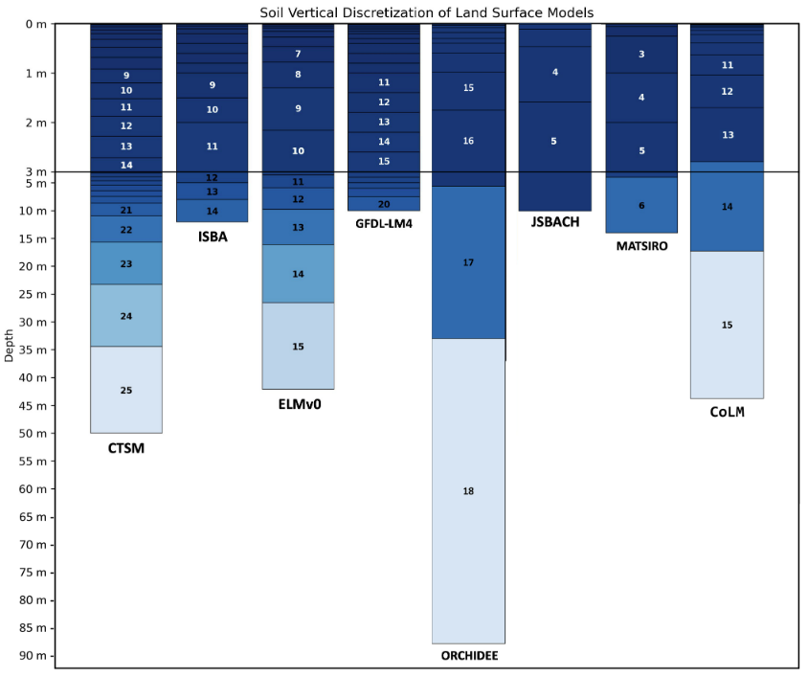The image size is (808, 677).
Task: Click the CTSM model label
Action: pyautogui.click(x=126, y=448)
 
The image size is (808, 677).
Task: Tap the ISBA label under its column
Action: pyautogui.click(x=212, y=237)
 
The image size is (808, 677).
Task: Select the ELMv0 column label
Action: pyautogui.click(x=298, y=405)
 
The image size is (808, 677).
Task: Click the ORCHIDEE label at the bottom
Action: pyautogui.click(x=469, y=656)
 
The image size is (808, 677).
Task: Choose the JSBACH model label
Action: pyautogui.click(x=554, y=222)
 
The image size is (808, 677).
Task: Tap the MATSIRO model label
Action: pyautogui.click(x=641, y=246)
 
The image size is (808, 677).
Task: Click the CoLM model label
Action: pyautogui.click(x=727, y=413)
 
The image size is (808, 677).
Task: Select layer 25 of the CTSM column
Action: pyautogui.click(x=126, y=390)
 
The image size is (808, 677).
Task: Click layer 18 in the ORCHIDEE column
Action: pyautogui.click(x=468, y=491)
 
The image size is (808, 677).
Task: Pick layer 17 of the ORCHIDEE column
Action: pyautogui.click(x=468, y=262)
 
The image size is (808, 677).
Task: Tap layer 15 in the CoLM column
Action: pyautogui.click(x=727, y=326)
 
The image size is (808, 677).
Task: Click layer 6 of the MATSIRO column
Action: pyautogui.click(x=641, y=205)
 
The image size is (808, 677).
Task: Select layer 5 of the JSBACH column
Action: pyautogui.click(x=553, y=142)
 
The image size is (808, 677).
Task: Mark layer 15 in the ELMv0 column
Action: pyautogui.click(x=298, y=346)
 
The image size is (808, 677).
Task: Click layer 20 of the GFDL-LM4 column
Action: pyautogui.click(x=383, y=204)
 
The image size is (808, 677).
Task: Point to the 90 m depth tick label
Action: pyautogui.click(x=34, y=656)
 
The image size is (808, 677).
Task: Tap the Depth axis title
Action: pyautogui.click(x=10, y=345)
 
